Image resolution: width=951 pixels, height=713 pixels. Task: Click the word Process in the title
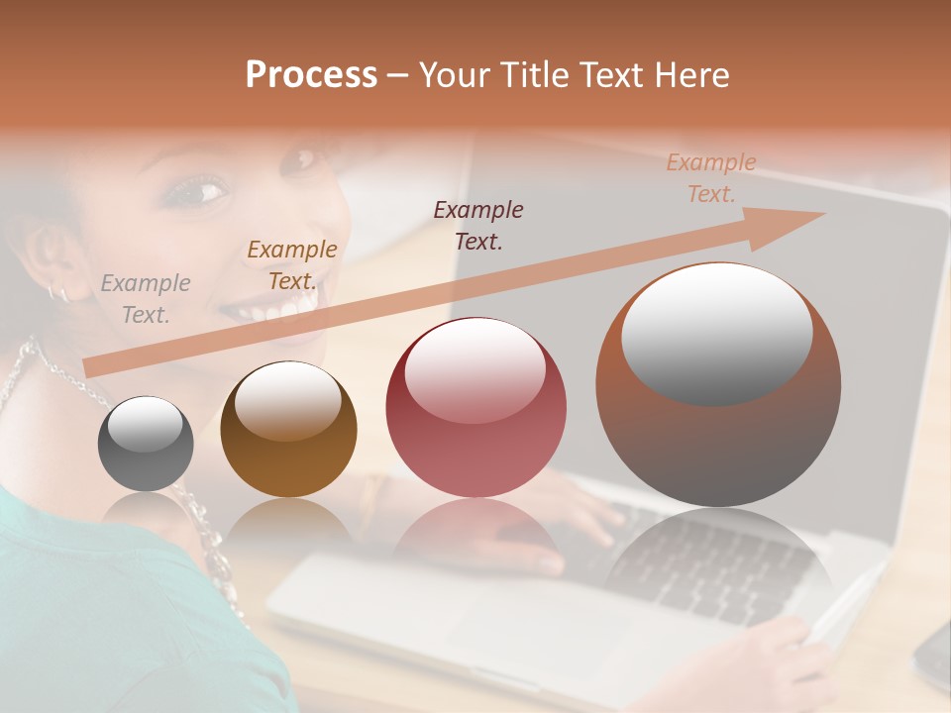[x=311, y=75]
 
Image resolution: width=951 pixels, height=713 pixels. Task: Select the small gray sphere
[x=146, y=444]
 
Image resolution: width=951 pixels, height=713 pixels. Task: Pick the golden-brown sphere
[x=288, y=429]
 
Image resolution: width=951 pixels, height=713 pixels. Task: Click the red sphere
[x=475, y=407]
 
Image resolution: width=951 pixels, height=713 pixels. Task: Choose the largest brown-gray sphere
[x=718, y=384]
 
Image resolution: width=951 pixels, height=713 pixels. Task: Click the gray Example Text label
[x=146, y=299]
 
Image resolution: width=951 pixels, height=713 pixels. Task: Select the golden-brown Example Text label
[x=292, y=265]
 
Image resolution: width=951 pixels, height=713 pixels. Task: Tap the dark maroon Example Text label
[x=478, y=225]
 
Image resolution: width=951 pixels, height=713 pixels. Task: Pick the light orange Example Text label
[x=711, y=178]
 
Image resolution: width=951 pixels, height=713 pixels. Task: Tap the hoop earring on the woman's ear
[x=57, y=292]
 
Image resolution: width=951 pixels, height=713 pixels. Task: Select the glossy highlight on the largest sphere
[x=716, y=333]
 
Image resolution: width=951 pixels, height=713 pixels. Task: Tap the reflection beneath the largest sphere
[x=718, y=564]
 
